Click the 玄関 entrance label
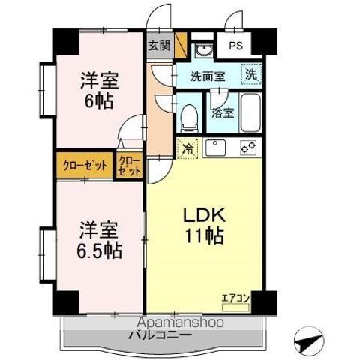point(158,45)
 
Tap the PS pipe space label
point(235,46)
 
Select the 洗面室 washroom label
point(207,76)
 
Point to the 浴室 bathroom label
point(222,114)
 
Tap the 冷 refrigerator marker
point(187,148)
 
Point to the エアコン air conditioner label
point(235,298)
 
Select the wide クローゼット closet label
point(82,165)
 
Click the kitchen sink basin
point(217,147)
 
